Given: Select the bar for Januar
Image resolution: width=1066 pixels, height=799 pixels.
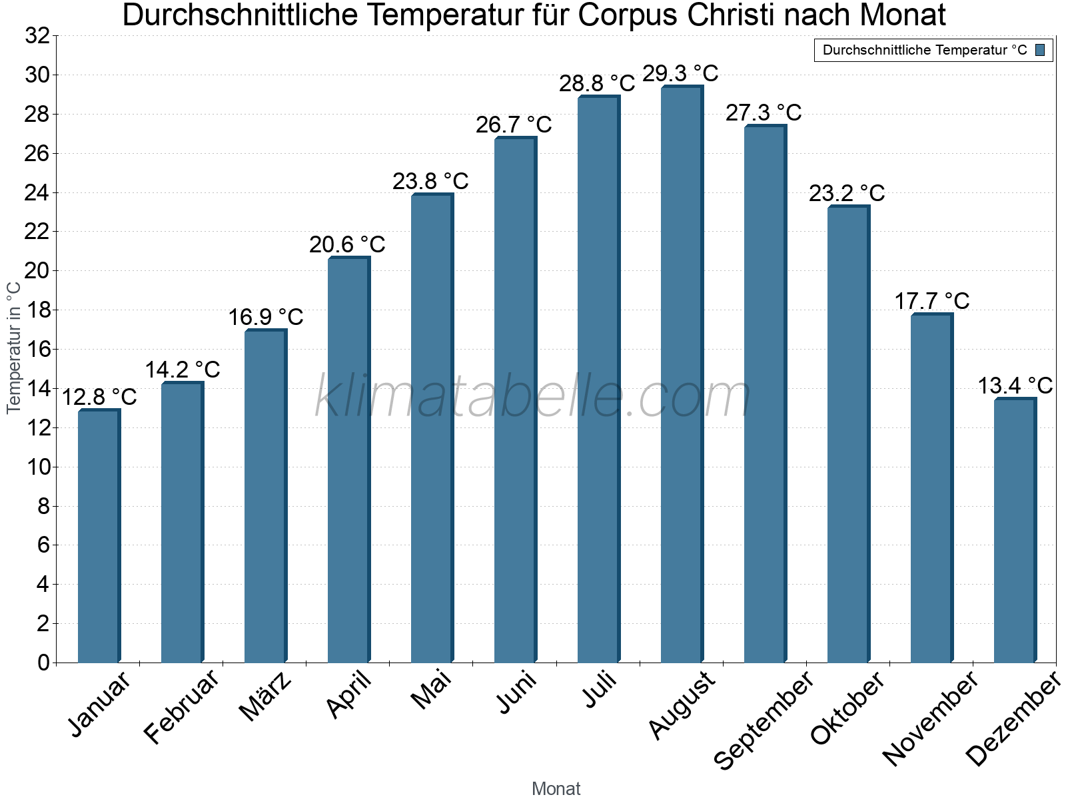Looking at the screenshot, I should pos(99,536).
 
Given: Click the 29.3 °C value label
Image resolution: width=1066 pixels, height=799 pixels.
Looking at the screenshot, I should pos(680,73).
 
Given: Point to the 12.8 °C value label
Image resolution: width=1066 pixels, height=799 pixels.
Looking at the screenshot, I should pos(99,398).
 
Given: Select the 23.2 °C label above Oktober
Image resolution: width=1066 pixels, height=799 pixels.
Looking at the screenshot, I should pos(847,194).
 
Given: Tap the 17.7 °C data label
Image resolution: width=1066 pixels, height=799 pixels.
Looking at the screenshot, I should pos(931,301).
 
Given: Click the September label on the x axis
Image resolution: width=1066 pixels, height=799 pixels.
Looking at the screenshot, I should pos(764,720).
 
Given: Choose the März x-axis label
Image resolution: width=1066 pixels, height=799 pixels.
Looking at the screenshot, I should pos(265,696).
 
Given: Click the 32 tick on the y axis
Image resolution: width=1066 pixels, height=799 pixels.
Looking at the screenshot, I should pos(37,36).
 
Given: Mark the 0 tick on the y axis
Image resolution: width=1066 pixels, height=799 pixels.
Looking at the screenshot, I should pos(43,663).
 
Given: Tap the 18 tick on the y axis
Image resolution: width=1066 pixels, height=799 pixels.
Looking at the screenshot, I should pos(37,310).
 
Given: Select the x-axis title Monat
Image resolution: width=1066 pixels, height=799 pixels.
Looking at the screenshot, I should pos(556,788).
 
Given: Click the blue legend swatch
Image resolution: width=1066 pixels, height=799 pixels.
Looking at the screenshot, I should pos(1041,50).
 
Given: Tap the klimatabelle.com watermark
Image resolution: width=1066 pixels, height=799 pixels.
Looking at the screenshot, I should pos(533,398).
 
